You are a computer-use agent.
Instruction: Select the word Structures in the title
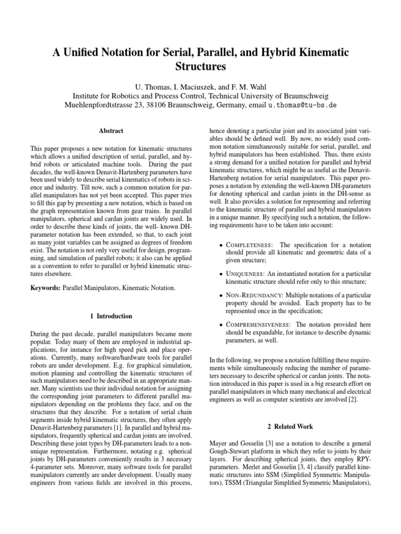tap(200, 67)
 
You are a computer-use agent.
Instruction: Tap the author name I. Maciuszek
tap(191, 85)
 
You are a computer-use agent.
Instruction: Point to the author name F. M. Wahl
tap(252, 85)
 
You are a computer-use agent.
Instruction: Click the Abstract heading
tap(111, 131)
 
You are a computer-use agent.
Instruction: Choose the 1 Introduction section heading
tap(111, 316)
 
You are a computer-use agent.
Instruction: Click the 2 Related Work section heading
tap(289, 427)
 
